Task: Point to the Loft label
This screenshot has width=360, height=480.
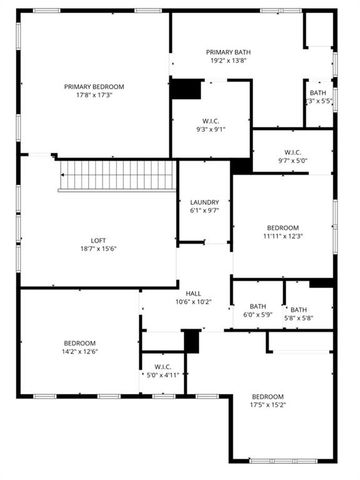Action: pyautogui.click(x=99, y=240)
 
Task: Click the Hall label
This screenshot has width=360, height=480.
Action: pyautogui.click(x=194, y=293)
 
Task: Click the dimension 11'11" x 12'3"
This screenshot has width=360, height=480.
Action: pyautogui.click(x=283, y=236)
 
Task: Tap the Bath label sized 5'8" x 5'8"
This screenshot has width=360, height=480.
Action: pyautogui.click(x=299, y=309)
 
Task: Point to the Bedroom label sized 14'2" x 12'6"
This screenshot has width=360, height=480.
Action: pyautogui.click(x=80, y=342)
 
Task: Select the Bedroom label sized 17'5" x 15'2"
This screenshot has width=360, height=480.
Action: pyautogui.click(x=268, y=396)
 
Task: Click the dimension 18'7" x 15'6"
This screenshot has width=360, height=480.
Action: pyautogui.click(x=99, y=249)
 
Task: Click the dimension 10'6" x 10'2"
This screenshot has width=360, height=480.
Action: pyautogui.click(x=194, y=302)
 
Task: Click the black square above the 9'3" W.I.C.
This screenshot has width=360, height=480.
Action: pyautogui.click(x=185, y=88)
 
